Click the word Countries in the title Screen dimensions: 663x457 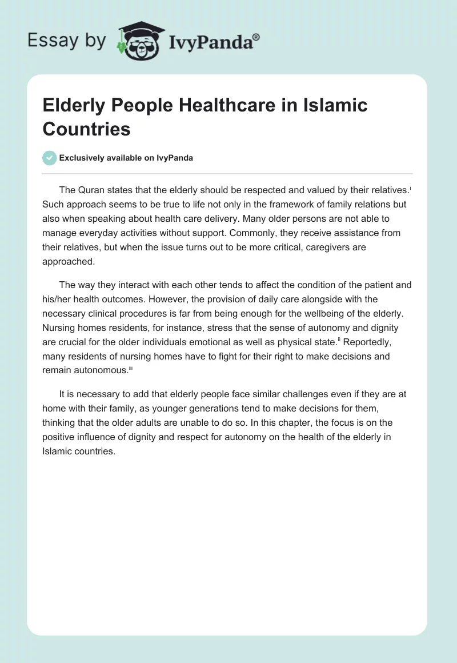(x=86, y=129)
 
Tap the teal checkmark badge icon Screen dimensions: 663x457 (x=50, y=158)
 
